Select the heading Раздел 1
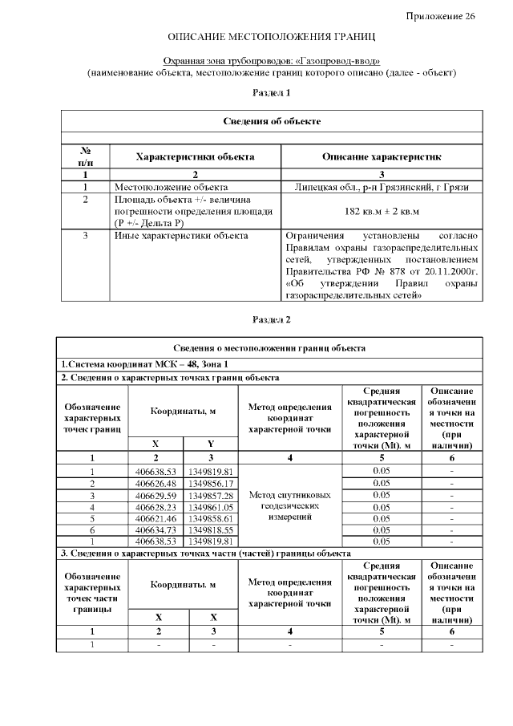pyautogui.click(x=271, y=93)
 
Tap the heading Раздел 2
pyautogui.click(x=271, y=318)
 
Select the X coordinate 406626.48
pyautogui.click(x=156, y=484)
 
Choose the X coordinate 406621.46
pyautogui.click(x=156, y=519)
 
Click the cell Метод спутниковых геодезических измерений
pyautogui.click(x=289, y=507)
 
